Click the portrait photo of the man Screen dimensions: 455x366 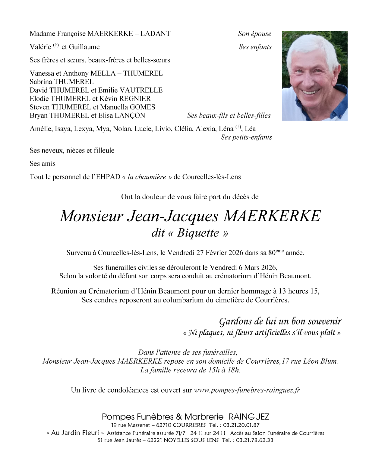tap(314, 76)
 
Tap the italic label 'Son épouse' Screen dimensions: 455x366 tap(254, 34)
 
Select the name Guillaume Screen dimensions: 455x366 tap(84, 47)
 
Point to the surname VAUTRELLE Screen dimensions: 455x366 tap(141, 90)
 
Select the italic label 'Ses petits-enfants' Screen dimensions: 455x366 tap(246, 137)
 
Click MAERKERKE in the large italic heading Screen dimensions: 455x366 tap(272, 216)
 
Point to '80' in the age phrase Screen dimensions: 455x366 tap(272, 253)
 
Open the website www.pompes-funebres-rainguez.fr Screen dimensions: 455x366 tap(247, 390)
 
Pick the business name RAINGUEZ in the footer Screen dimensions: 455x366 tap(249, 417)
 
